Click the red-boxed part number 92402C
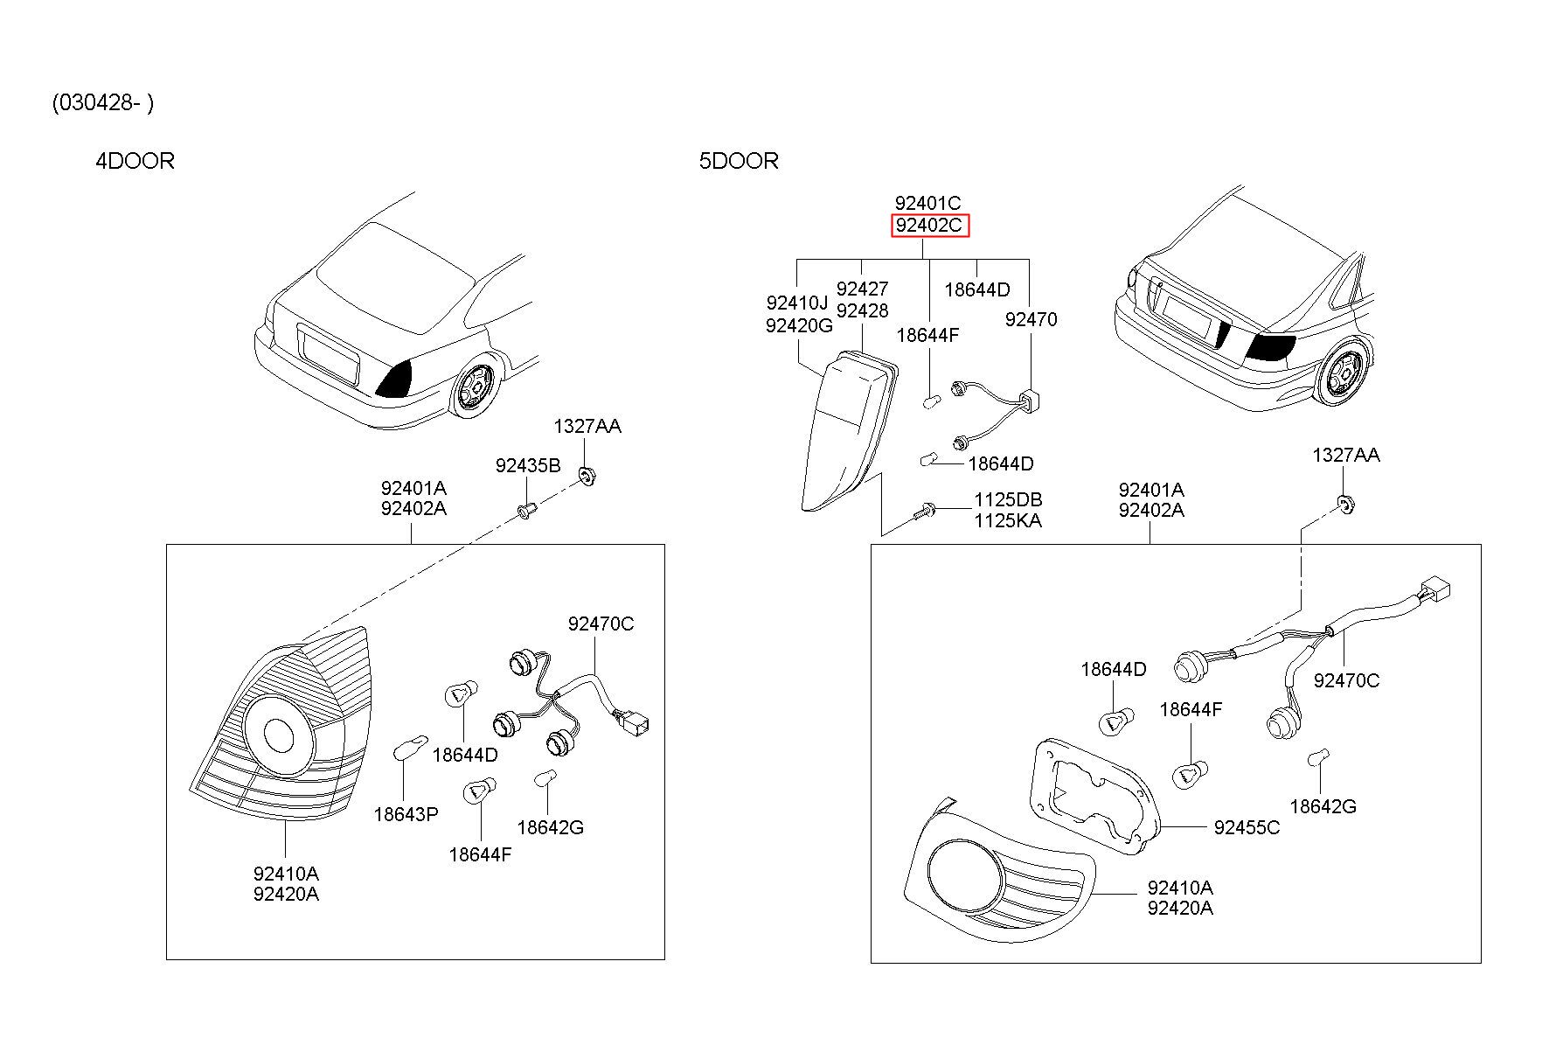coord(929,226)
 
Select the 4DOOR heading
coord(135,161)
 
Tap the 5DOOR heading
coord(739,161)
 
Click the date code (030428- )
coord(103,103)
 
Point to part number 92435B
coord(528,465)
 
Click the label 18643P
coord(406,814)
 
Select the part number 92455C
coord(1247,827)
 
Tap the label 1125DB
coord(1008,500)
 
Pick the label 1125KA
coord(1008,521)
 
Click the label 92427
coord(862,289)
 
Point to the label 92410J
coord(797,303)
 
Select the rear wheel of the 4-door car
coord(474,387)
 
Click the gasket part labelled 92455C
coord(1095,794)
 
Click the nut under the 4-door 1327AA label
coord(587,477)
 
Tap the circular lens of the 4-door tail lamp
coord(280,736)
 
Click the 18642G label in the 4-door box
coord(550,827)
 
